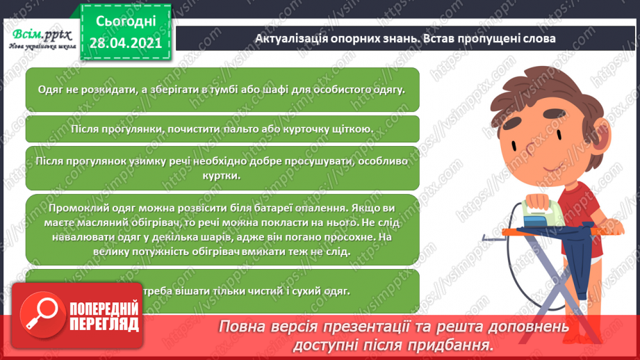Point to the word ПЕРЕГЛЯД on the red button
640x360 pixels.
[x=104, y=325]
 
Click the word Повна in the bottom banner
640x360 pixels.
[x=243, y=327]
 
